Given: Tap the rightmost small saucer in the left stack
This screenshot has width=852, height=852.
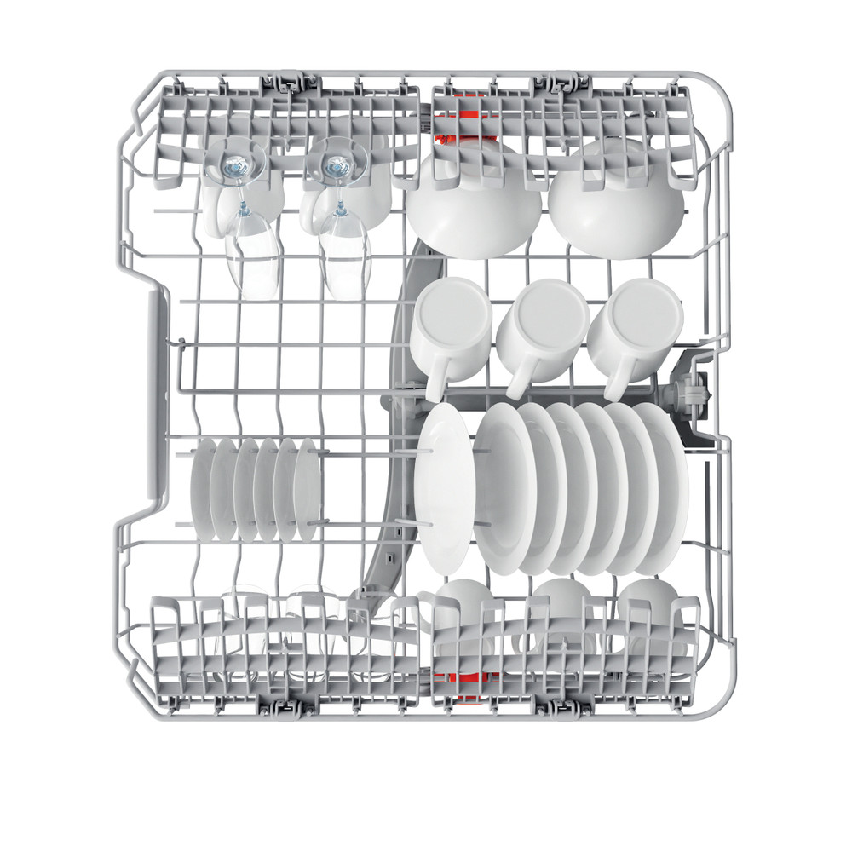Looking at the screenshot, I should coord(308,490).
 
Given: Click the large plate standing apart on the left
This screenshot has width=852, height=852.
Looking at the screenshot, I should coord(443,490).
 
